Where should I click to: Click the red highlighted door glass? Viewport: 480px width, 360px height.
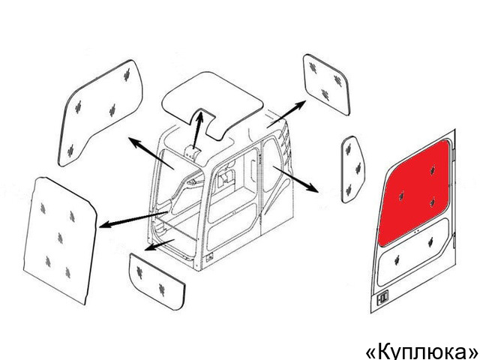click(x=415, y=193)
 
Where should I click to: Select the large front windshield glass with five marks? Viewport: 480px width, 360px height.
click(x=60, y=240)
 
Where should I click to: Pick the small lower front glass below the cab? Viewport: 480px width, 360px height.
click(x=157, y=281)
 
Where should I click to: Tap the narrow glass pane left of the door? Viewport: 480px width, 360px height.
click(x=352, y=169)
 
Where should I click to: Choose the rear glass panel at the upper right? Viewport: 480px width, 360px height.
click(x=326, y=85)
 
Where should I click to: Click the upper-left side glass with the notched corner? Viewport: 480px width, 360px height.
click(x=100, y=113)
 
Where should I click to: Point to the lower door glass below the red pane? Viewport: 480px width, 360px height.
click(x=413, y=253)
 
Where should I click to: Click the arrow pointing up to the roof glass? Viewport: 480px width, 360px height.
click(x=198, y=130)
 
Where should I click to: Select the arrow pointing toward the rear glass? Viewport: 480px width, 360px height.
click(x=286, y=114)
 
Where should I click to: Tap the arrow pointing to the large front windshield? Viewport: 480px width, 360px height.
click(x=133, y=220)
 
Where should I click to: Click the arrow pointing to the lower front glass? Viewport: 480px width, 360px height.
click(x=159, y=244)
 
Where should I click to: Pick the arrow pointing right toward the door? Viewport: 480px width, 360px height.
click(x=295, y=179)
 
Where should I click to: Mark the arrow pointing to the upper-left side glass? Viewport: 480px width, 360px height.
click(x=151, y=153)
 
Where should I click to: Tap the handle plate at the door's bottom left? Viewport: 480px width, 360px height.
click(x=382, y=297)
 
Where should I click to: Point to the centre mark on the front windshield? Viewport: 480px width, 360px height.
click(x=60, y=238)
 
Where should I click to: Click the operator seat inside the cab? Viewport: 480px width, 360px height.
click(x=226, y=177)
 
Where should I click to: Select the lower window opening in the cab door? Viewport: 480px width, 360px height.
click(x=232, y=226)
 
